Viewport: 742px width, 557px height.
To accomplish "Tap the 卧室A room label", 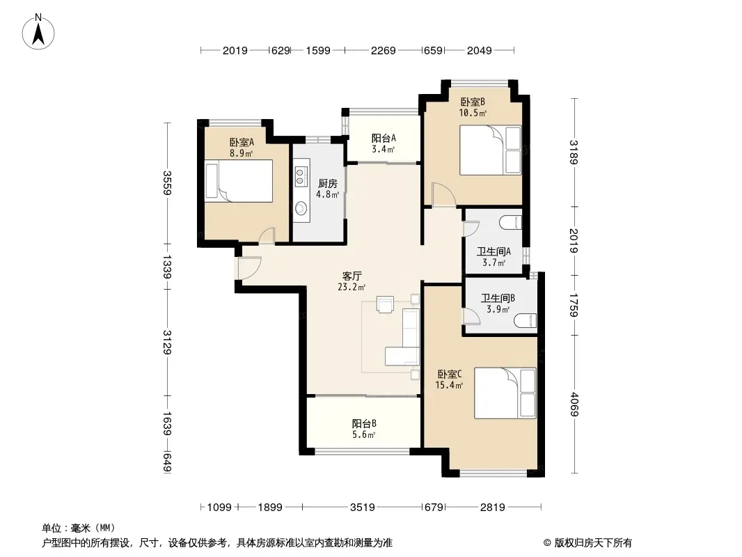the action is pyautogui.click(x=242, y=142).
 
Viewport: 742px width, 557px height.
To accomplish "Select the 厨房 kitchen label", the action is pyautogui.click(x=327, y=183).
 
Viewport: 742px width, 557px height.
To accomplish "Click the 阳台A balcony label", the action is pyautogui.click(x=384, y=138).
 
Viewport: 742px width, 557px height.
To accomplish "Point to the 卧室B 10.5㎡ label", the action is pyautogui.click(x=473, y=107).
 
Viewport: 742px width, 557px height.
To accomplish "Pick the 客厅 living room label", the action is pyautogui.click(x=352, y=276).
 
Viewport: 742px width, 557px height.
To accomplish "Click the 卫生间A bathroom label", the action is pyautogui.click(x=494, y=251).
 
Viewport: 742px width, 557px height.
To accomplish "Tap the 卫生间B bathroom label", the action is pyautogui.click(x=498, y=298).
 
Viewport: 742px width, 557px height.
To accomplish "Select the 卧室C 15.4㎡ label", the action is pyautogui.click(x=449, y=379).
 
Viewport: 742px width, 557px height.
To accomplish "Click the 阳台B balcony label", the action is pyautogui.click(x=364, y=423).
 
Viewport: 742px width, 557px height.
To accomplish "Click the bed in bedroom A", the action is pyautogui.click(x=239, y=181).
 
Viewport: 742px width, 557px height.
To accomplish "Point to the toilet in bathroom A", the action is pyautogui.click(x=512, y=222).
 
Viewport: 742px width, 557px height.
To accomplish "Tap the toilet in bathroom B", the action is pyautogui.click(x=526, y=321).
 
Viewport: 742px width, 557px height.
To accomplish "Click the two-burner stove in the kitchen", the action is pyautogui.click(x=300, y=176).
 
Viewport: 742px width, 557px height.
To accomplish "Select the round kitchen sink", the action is pyautogui.click(x=300, y=207).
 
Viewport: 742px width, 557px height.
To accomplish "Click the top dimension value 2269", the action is pyautogui.click(x=384, y=50).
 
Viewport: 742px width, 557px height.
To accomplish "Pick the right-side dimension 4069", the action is pyautogui.click(x=574, y=405).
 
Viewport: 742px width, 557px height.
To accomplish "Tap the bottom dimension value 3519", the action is pyautogui.click(x=363, y=508).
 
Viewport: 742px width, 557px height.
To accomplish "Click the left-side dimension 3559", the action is pyautogui.click(x=166, y=182).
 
